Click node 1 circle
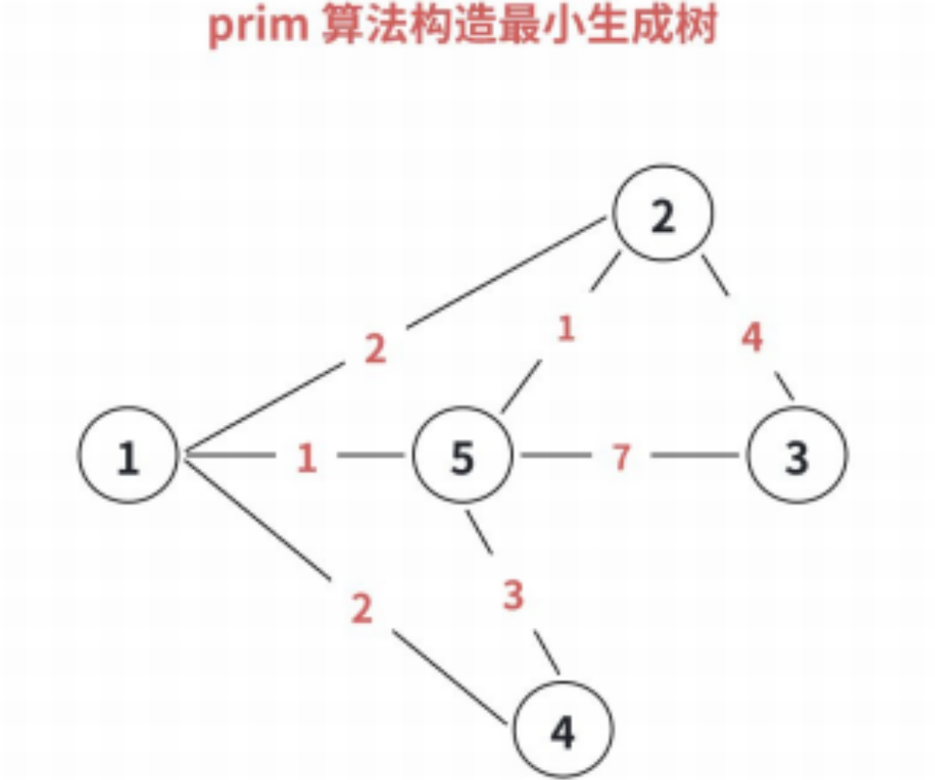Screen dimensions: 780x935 click(128, 457)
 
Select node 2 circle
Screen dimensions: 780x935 click(662, 217)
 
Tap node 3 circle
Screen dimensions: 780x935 click(797, 457)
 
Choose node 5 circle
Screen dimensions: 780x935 click(461, 457)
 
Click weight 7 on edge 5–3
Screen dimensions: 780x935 click(620, 457)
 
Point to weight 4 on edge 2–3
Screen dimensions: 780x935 click(751, 338)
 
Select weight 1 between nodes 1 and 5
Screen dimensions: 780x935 click(306, 458)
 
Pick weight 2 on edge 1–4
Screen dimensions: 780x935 click(362, 609)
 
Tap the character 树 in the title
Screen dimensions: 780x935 click(696, 27)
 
